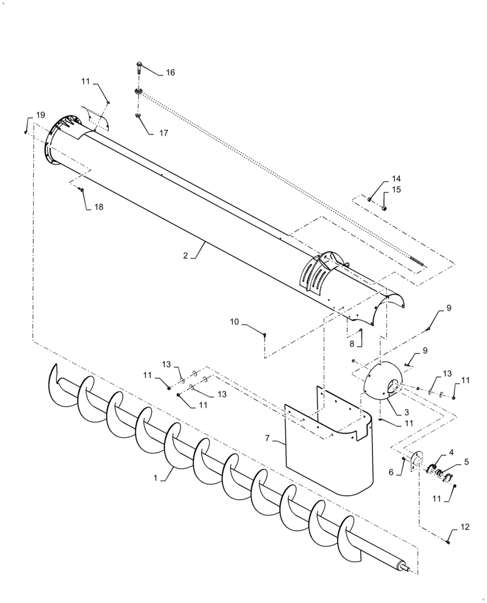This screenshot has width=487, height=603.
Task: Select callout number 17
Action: [x=164, y=133]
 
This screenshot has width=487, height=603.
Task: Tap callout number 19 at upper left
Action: [x=40, y=115]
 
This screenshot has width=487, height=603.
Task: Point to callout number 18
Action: [x=98, y=207]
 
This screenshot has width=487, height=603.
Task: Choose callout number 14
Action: [x=396, y=179]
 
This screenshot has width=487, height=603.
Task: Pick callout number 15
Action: [x=396, y=190]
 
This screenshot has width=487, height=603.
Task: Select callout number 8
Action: [x=352, y=344]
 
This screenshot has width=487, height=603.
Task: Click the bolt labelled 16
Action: [x=139, y=67]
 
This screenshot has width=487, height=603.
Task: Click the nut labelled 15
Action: [x=385, y=208]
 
